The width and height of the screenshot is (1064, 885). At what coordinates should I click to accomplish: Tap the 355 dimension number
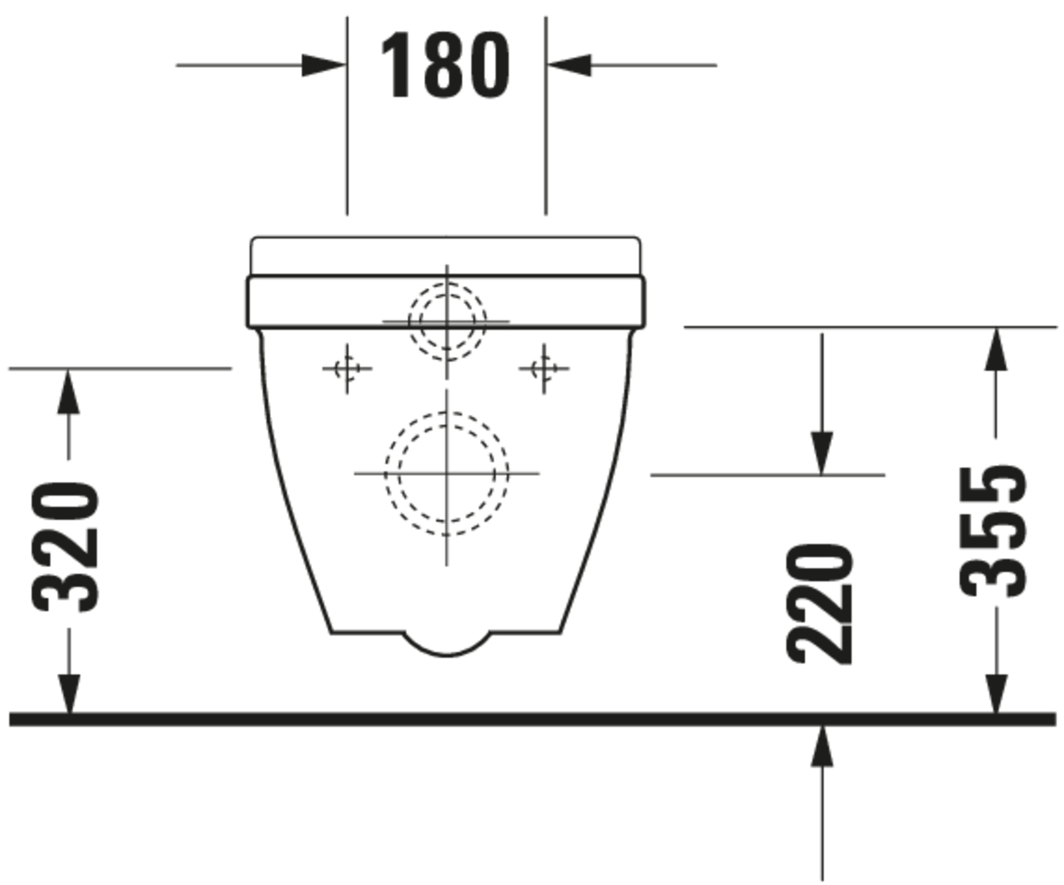pos(993,532)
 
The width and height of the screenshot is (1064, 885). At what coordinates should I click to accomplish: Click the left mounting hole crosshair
pos(347,368)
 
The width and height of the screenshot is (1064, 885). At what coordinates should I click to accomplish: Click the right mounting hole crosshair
pos(544,368)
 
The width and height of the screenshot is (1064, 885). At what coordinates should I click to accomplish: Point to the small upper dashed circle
pos(447,322)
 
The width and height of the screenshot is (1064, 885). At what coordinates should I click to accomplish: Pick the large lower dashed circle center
pos(447,474)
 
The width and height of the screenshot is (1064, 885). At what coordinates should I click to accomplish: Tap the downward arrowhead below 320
pos(68,694)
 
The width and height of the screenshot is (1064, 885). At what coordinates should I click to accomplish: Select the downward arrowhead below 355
pos(996,694)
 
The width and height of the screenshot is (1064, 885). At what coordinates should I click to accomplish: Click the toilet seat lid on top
pos(445,256)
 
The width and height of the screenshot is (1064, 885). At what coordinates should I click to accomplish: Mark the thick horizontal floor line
pos(532,718)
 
